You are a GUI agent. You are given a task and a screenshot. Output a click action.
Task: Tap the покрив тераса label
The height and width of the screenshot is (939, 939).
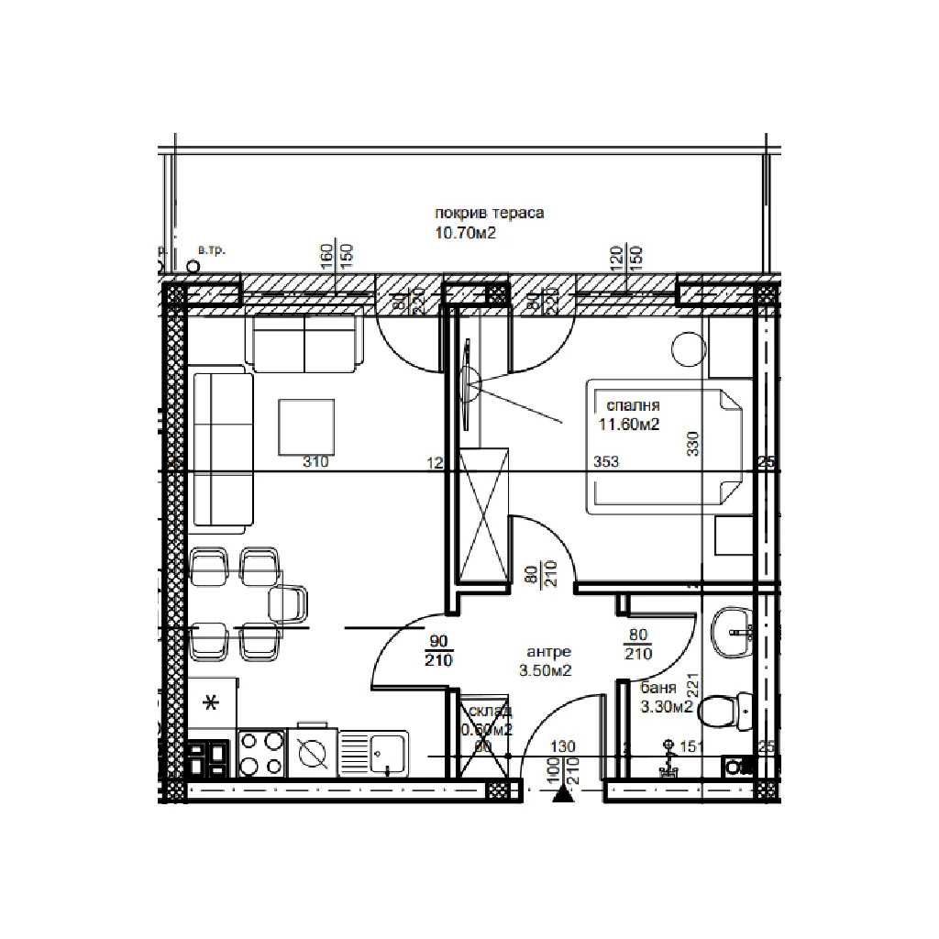point(490,214)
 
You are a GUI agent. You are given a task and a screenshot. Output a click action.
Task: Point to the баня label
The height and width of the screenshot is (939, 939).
point(658,688)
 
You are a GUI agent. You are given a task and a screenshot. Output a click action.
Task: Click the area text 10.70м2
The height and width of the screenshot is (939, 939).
point(466,233)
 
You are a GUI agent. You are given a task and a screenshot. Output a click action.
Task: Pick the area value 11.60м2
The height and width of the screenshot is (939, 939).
point(630,424)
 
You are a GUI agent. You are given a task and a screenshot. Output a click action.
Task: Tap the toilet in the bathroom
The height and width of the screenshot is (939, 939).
point(728,709)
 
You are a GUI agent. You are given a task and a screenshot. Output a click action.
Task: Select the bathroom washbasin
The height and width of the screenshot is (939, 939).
point(732,633)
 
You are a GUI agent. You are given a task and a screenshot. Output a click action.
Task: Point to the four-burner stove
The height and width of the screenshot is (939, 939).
point(261,753)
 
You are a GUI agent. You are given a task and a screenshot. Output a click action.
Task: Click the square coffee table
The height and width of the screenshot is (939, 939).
point(307,425)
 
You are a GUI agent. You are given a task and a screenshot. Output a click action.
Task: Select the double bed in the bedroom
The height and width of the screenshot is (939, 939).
point(667,447)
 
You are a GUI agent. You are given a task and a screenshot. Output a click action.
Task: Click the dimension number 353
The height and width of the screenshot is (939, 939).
point(606,462)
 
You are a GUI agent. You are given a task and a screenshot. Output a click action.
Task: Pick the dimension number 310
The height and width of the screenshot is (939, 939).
point(315,462)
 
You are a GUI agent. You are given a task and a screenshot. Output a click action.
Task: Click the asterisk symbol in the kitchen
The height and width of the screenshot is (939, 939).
point(211,704)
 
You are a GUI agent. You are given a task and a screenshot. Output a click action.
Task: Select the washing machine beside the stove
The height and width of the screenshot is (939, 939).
point(313,753)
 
